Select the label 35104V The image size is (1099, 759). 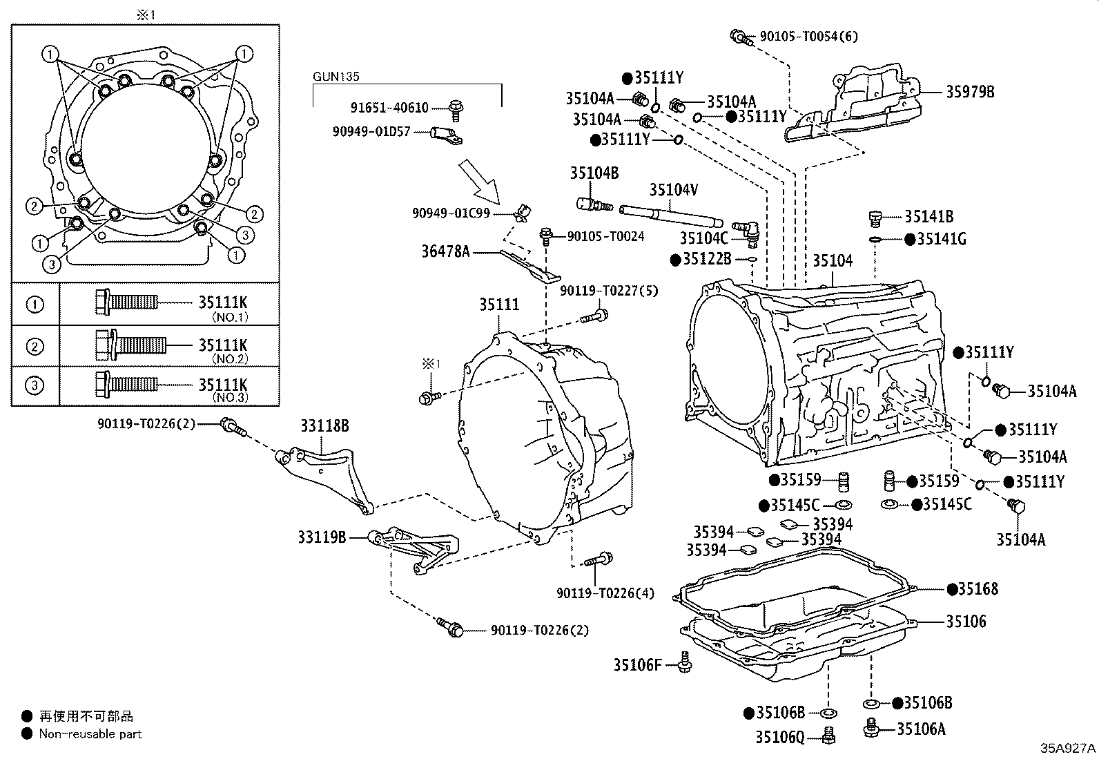tap(673, 189)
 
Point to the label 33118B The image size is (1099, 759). tap(324, 426)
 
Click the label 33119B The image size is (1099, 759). tap(322, 537)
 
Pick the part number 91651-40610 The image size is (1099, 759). tap(389, 108)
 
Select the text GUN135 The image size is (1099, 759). tap(336, 77)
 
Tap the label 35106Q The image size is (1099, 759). tap(779, 738)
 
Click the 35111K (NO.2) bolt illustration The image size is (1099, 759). tap(130, 345)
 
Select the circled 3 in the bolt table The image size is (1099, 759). tap(35, 385)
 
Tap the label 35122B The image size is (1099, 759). tap(706, 259)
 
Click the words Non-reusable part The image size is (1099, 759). tap(90, 734)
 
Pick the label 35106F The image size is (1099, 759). tap(637, 665)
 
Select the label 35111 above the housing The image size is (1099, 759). tap(499, 305)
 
